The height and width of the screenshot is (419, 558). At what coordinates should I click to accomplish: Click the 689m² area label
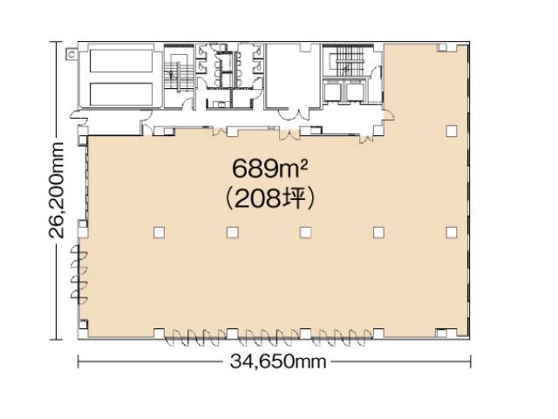click(269, 168)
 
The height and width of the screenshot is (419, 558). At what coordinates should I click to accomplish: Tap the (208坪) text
click(269, 199)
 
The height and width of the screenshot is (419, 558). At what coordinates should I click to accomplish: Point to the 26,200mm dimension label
click(56, 190)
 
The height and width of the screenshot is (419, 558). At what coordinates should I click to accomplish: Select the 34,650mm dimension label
click(278, 361)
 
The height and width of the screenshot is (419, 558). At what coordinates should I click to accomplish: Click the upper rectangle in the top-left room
click(121, 61)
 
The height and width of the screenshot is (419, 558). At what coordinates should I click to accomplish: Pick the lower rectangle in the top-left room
click(121, 94)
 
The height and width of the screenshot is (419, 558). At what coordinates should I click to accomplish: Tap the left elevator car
click(333, 91)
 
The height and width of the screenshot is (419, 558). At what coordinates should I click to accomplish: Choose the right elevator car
click(355, 91)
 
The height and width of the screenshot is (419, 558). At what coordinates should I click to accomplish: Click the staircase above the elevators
click(349, 62)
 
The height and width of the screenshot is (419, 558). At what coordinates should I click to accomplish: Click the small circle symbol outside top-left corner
click(71, 54)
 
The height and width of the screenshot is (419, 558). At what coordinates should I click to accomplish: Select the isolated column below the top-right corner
click(452, 131)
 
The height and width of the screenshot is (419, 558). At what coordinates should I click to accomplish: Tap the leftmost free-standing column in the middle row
click(159, 232)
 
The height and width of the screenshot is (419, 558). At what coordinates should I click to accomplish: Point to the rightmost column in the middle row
click(452, 232)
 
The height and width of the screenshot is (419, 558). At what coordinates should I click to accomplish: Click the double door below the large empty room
click(294, 114)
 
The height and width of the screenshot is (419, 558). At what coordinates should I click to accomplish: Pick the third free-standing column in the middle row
click(305, 232)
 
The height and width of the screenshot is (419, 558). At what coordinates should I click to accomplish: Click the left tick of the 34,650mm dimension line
click(78, 361)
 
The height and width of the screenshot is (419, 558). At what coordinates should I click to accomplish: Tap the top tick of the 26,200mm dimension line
click(56, 42)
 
